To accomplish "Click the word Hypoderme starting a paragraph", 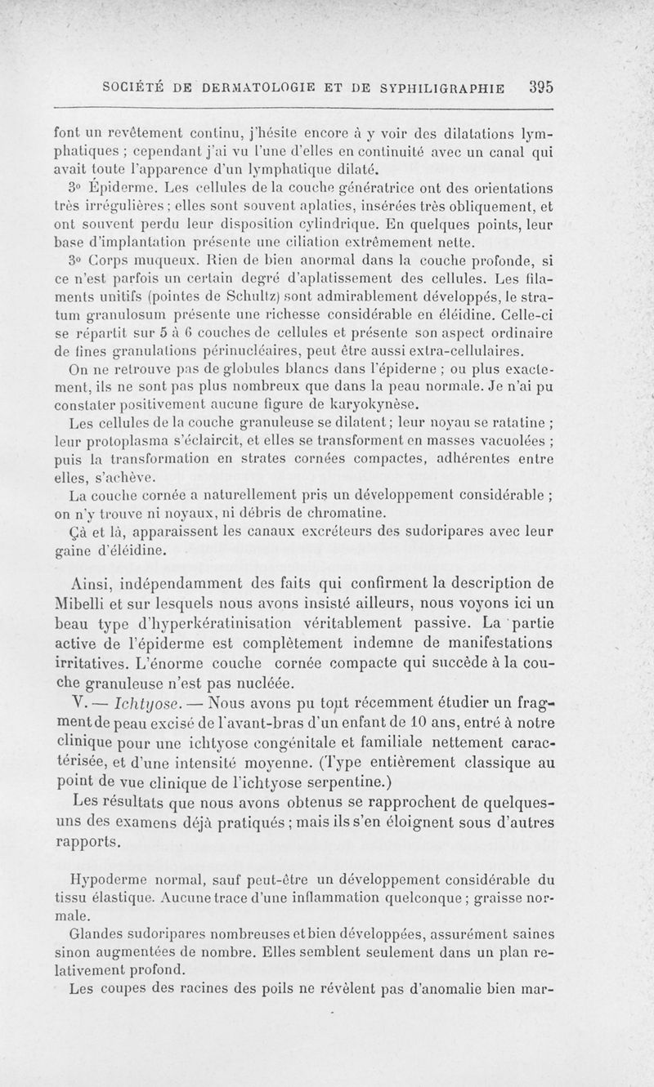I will [x=106, y=880].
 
